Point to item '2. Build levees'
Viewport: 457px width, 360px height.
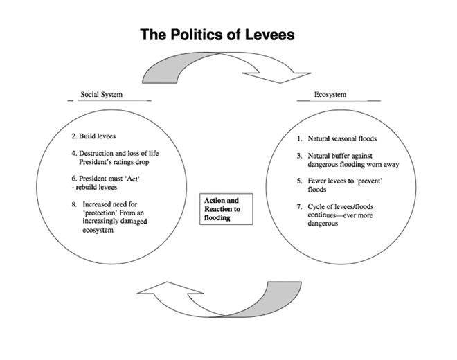95,136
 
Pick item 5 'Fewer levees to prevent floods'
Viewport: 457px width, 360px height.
339,183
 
